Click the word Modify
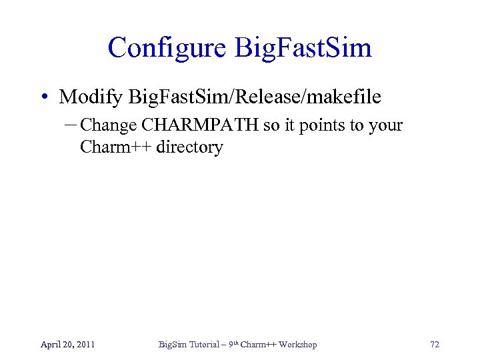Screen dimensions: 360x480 [x=91, y=97]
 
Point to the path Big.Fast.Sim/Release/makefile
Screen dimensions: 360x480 [x=255, y=97]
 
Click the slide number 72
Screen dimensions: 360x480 [x=434, y=345]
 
